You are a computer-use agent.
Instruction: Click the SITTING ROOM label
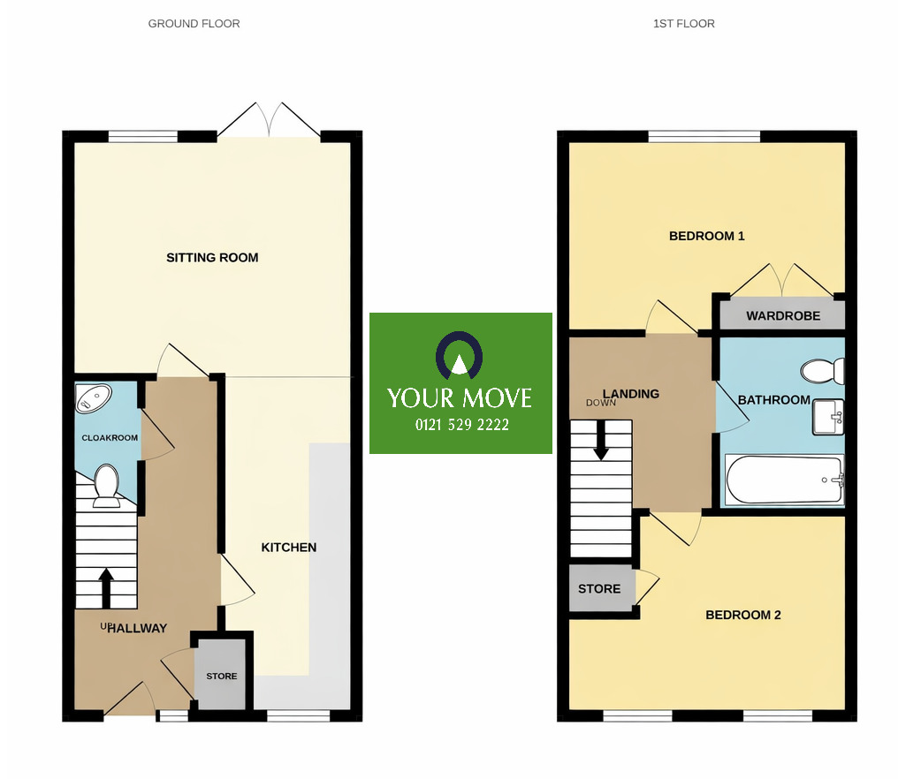(212, 258)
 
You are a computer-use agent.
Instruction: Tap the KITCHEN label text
(288, 548)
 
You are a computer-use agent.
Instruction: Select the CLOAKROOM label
(110, 438)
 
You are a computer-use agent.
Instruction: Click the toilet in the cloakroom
(107, 487)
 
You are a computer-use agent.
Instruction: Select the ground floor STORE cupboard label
(222, 677)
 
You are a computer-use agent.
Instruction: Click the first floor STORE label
(599, 589)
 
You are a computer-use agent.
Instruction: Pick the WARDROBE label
(782, 315)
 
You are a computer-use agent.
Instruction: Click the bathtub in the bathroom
(783, 480)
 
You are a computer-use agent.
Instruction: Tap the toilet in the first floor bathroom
(821, 371)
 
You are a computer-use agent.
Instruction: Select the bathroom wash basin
(828, 417)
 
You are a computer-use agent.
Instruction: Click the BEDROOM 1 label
(706, 236)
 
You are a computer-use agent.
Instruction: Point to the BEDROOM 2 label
(742, 616)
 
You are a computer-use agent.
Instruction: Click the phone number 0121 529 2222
(461, 425)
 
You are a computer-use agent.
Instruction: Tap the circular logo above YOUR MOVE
(460, 356)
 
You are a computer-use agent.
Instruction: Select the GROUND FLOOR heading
(194, 24)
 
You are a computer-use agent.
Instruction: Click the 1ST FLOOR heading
(683, 24)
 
